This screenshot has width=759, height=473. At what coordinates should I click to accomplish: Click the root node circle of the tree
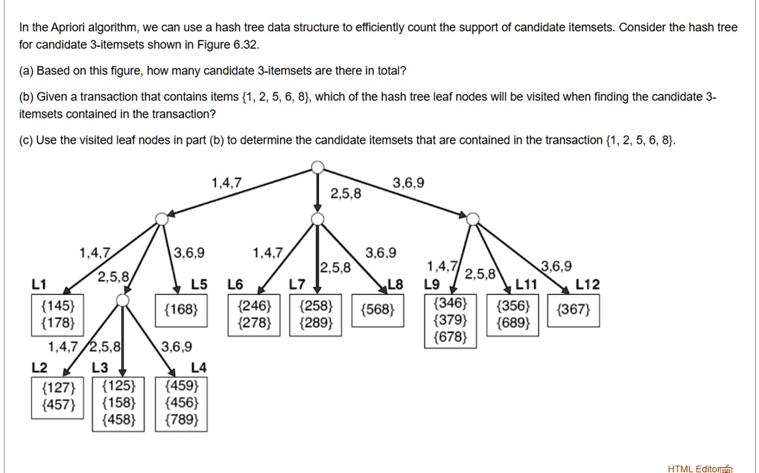point(317,168)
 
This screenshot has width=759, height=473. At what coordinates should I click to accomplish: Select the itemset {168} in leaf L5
point(181,309)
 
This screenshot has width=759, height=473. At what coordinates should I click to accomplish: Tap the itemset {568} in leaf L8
point(378,309)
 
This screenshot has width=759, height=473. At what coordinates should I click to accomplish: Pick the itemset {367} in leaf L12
point(574,309)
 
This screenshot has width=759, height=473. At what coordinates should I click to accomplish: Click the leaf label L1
point(39,285)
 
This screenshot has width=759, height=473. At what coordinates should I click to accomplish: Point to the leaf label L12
point(587,285)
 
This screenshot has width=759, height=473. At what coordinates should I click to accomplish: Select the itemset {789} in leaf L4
point(182,419)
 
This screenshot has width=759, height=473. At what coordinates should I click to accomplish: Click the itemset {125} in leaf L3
point(119,386)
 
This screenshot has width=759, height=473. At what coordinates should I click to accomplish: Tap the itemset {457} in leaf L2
point(59,404)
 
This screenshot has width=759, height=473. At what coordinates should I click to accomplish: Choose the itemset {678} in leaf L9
point(451,337)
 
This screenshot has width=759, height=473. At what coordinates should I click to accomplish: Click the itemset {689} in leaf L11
point(513,323)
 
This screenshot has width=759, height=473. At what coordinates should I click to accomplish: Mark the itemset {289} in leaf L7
point(316,323)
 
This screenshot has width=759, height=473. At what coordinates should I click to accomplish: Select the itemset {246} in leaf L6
point(255,306)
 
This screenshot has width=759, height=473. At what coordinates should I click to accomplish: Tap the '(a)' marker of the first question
point(26,72)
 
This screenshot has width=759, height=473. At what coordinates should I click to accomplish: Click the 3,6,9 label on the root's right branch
point(408,183)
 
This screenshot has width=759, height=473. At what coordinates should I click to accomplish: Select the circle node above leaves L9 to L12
point(473,219)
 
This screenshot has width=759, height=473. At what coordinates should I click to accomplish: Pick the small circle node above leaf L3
point(123,301)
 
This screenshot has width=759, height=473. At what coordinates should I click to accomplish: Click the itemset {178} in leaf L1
point(58,323)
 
